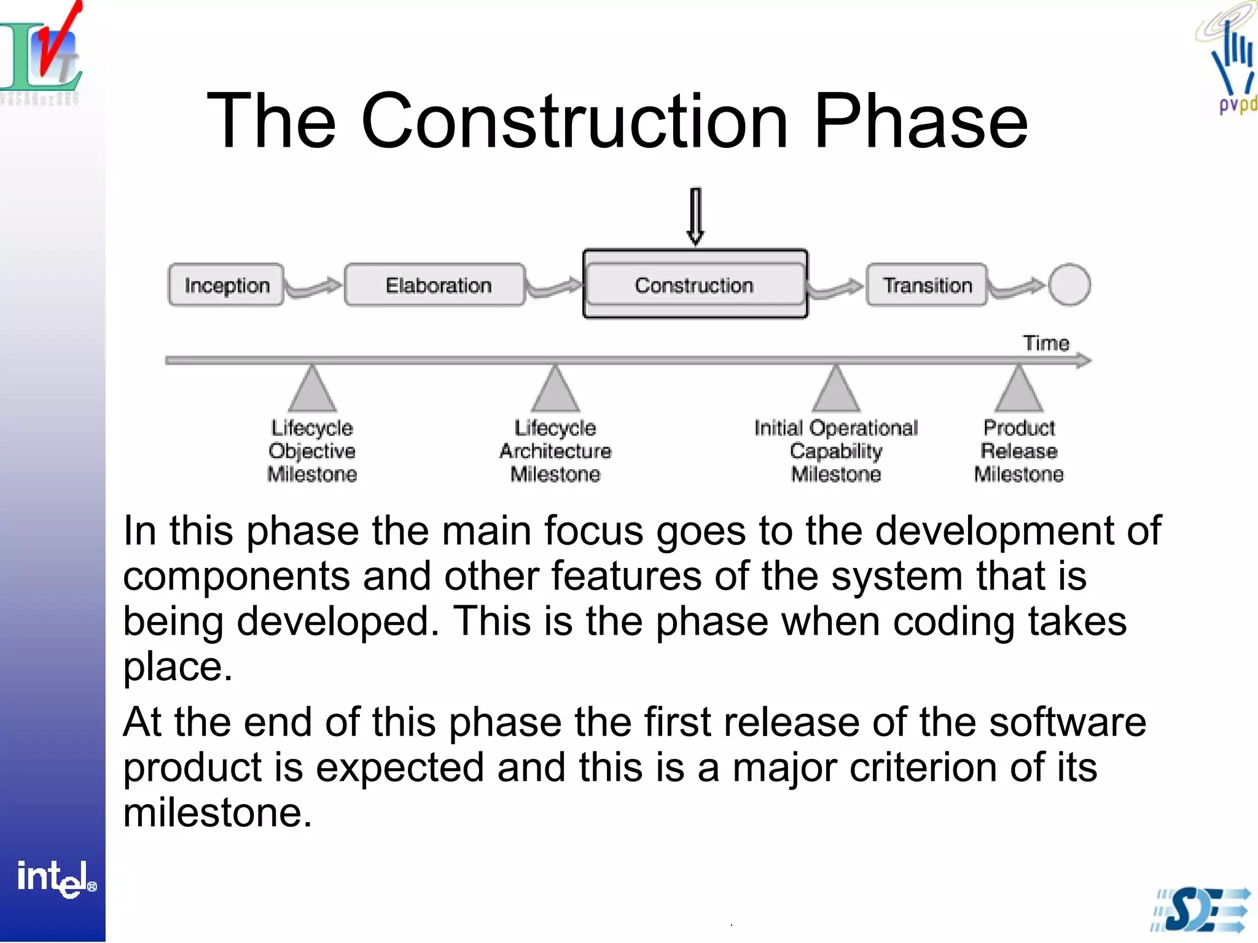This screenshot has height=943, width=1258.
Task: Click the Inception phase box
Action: pyautogui.click(x=226, y=285)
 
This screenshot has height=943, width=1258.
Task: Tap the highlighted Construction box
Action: pyautogui.click(x=695, y=284)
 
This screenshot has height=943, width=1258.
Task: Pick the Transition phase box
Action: pyautogui.click(x=926, y=285)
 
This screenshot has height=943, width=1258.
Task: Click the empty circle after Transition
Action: pyautogui.click(x=1069, y=284)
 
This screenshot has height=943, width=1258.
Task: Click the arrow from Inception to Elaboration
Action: pyautogui.click(x=314, y=287)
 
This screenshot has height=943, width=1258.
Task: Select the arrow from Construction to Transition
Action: pyautogui.click(x=836, y=287)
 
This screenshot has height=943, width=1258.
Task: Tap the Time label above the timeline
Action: pyautogui.click(x=1045, y=343)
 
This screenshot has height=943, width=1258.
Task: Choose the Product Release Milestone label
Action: pyautogui.click(x=1018, y=451)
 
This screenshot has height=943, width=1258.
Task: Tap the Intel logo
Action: pyautogui.click(x=55, y=878)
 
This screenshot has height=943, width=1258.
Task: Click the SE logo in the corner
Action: pyautogui.click(x=1201, y=910)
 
